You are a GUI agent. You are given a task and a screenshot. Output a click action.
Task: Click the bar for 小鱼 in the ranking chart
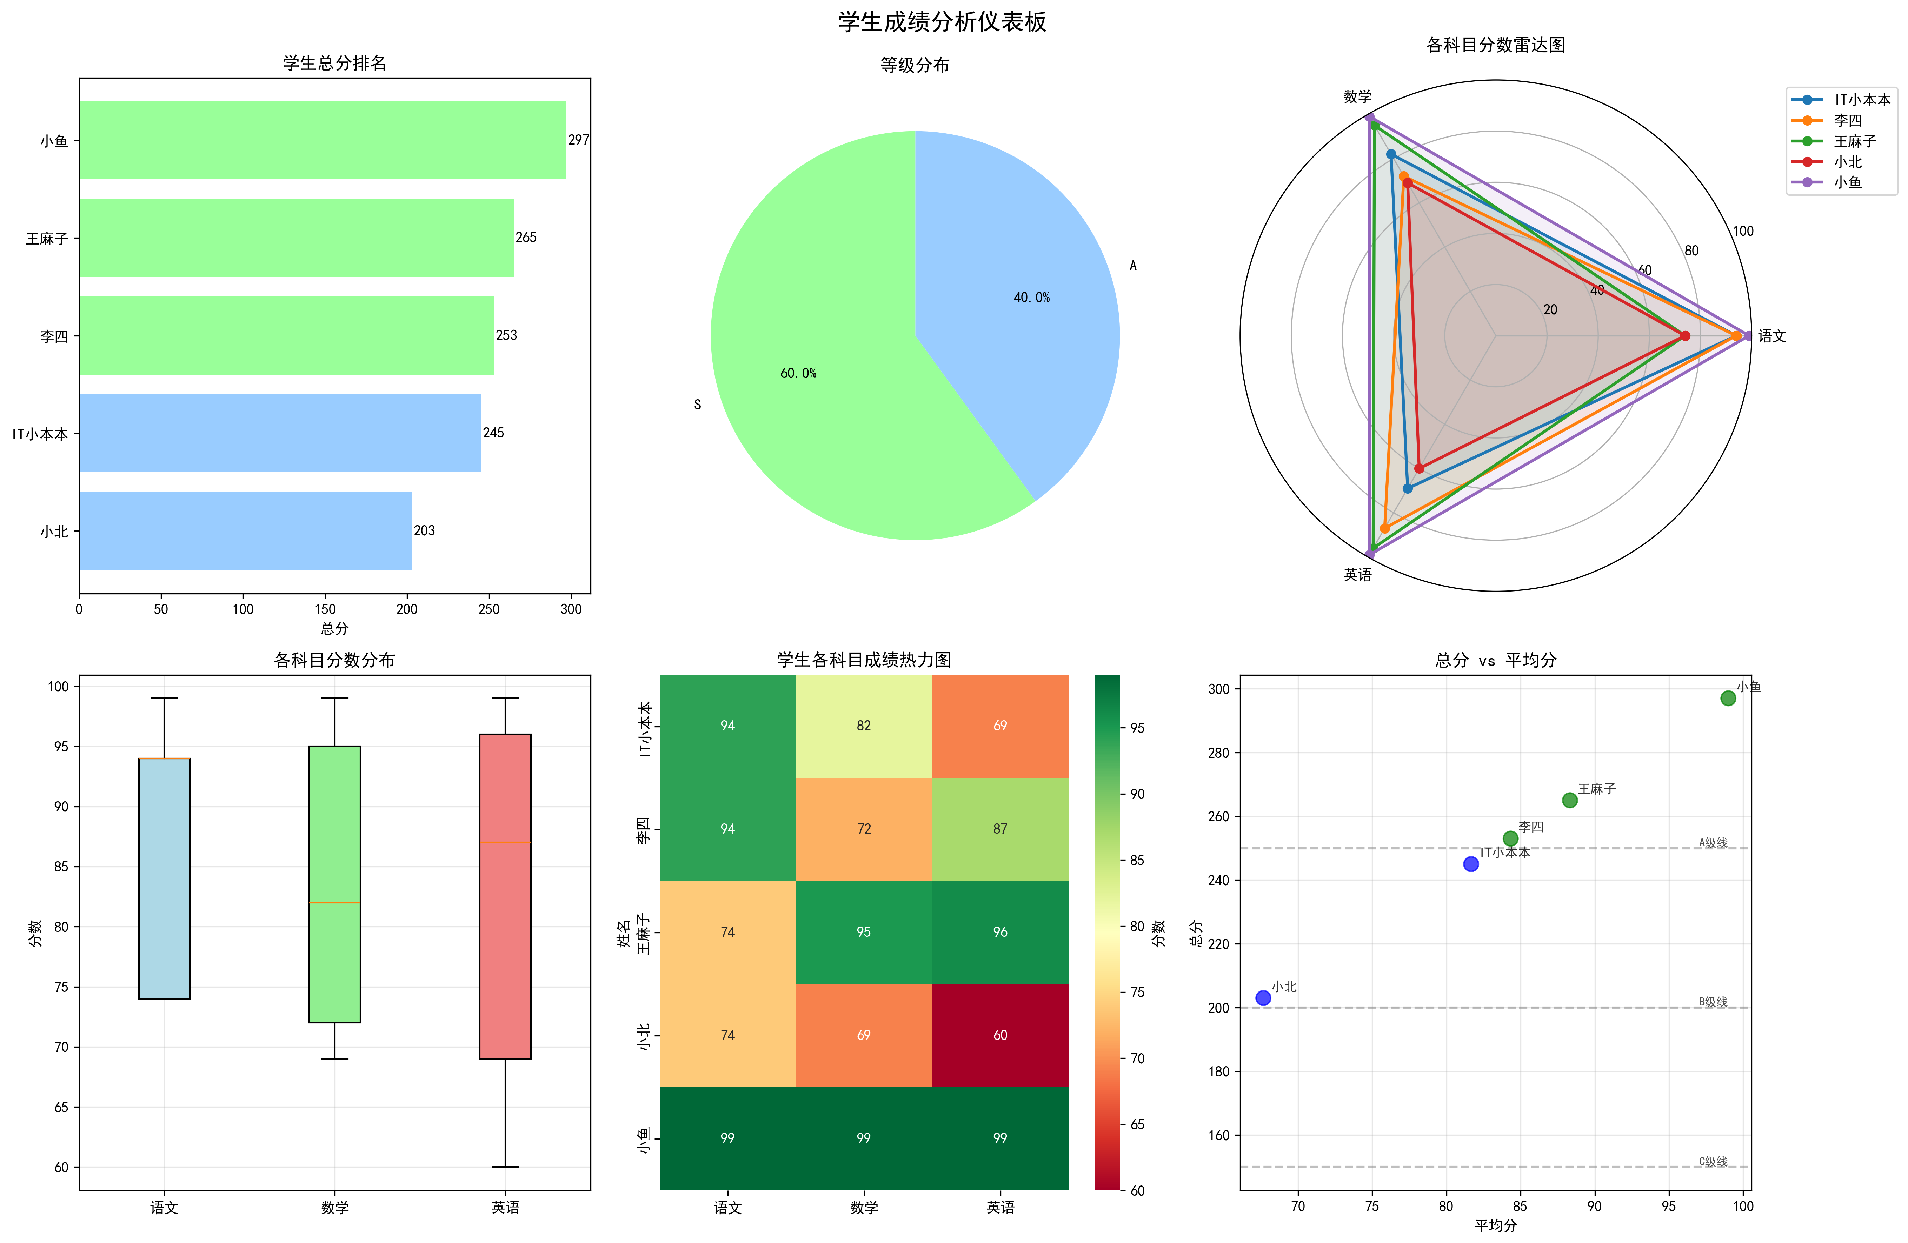pos(322,140)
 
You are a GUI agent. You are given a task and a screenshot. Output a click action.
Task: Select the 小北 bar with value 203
pos(245,530)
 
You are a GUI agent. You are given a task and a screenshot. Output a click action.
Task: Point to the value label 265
pos(526,237)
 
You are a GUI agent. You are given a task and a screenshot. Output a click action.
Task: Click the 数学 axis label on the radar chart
pos(1357,96)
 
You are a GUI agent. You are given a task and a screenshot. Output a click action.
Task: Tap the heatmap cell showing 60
pos(1000,1035)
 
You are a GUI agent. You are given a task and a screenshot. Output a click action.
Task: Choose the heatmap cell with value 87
pos(1000,829)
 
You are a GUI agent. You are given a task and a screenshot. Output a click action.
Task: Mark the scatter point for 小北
pos(1263,998)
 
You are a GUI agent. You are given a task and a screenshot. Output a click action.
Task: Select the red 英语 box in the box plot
pos(505,896)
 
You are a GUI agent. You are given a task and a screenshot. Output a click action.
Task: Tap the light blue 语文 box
pos(164,878)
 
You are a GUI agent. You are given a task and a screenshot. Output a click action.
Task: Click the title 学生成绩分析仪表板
pos(943,22)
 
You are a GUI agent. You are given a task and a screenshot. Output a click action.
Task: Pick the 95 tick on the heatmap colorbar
pos(1137,728)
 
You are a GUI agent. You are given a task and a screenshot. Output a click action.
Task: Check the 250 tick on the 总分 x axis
pos(489,609)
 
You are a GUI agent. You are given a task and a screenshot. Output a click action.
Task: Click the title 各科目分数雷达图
pos(1496,45)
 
